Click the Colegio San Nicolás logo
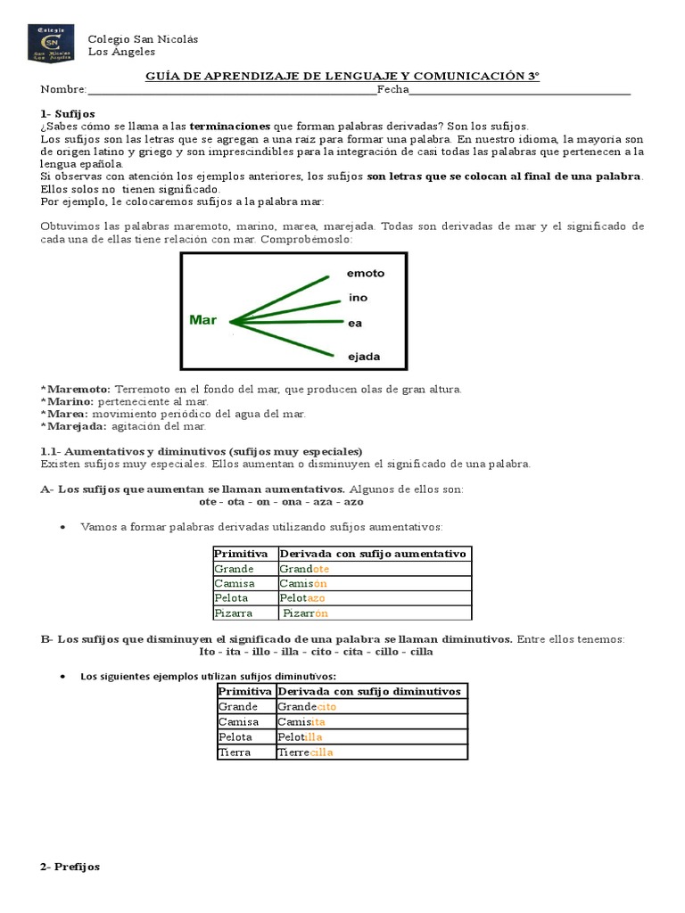coord(57,44)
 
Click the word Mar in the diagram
coord(203,320)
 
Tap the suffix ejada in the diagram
coord(364,357)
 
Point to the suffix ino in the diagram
coord(357,299)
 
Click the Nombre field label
coord(63,90)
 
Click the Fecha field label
coord(392,90)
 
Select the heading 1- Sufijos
coord(68,114)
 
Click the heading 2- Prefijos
coord(70,867)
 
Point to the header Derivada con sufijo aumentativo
coord(375,554)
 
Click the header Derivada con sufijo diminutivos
coord(370,692)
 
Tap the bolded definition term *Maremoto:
coord(76,390)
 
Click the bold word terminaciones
coord(230,127)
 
